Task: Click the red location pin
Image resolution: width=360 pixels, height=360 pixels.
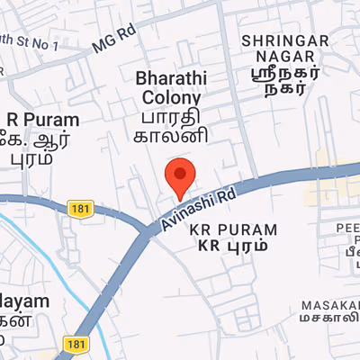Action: (x=181, y=175)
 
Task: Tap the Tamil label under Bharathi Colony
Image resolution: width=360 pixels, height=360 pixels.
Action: (x=172, y=126)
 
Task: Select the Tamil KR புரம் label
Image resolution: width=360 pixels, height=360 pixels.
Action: (x=233, y=246)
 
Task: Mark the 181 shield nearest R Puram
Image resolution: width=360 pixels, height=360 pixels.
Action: (x=78, y=209)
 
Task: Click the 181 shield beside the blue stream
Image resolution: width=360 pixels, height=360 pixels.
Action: (x=76, y=345)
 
